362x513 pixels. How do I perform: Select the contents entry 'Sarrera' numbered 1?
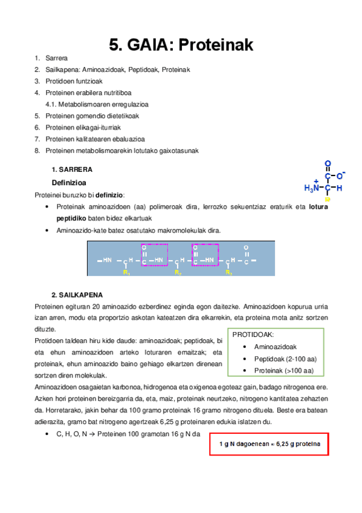click(56, 59)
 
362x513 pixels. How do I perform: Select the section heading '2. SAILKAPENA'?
click(77, 295)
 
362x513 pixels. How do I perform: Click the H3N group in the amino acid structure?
click(311, 188)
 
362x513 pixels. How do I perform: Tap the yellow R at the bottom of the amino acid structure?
click(328, 198)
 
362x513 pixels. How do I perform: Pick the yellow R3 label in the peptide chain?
click(228, 273)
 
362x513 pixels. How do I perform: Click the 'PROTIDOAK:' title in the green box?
click(253, 335)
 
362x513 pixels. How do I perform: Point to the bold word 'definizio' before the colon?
click(109, 195)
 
